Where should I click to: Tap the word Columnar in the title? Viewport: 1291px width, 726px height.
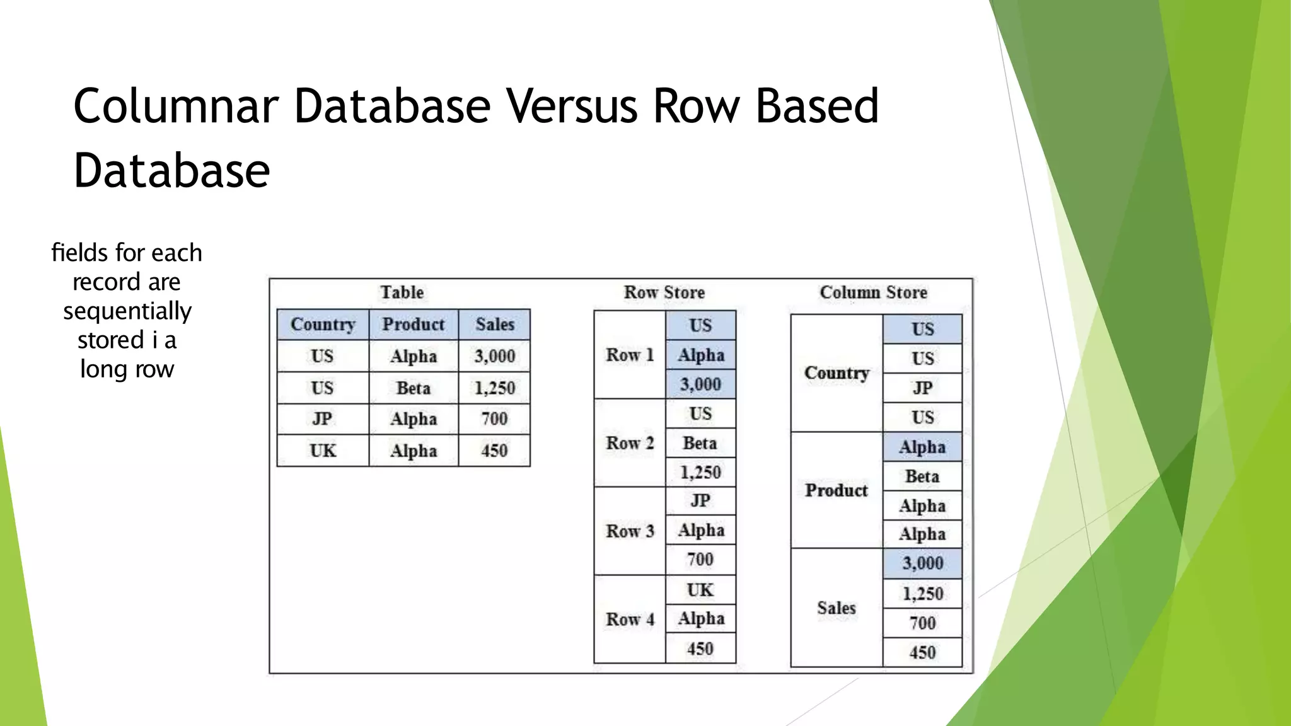176,106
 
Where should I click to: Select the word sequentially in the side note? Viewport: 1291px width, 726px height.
127,311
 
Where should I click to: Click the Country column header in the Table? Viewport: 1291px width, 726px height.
323,325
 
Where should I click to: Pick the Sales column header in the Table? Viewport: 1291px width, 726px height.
495,325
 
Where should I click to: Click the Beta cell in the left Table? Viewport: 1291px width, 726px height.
414,388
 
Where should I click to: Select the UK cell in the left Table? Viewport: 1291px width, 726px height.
323,451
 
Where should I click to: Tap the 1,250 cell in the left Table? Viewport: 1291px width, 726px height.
495,388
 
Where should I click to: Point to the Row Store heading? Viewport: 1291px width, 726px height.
664,292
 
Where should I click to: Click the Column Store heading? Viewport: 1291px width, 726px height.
873,292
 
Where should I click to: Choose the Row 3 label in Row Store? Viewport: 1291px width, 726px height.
630,531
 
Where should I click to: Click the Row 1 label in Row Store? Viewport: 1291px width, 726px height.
630,355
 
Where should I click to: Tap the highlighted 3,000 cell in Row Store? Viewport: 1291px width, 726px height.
700,384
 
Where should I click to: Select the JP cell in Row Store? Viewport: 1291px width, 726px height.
700,500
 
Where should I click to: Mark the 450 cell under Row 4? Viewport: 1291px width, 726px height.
700,649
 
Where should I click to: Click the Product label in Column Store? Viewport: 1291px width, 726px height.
837,490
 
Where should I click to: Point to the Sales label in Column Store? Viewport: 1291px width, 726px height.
837,608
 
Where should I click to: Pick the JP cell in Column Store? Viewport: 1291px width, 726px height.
922,388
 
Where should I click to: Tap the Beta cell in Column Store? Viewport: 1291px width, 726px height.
922,476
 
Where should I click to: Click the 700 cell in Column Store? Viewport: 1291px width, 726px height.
922,623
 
